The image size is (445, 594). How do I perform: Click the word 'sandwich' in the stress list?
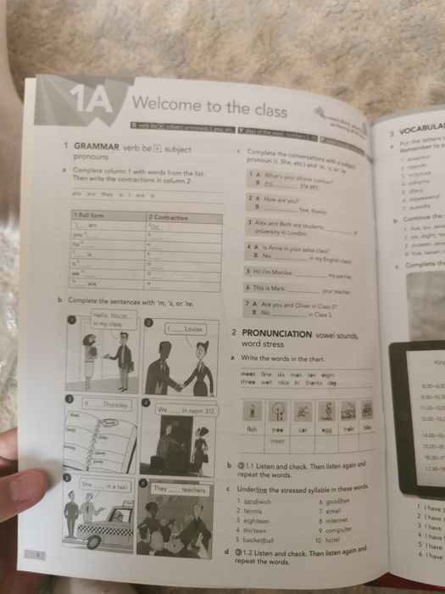(x=258, y=502)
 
